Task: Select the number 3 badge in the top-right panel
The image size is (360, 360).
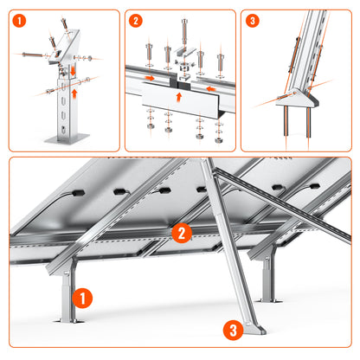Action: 252,20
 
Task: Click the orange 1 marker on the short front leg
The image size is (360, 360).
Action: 80,298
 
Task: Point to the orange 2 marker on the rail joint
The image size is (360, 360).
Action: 181,232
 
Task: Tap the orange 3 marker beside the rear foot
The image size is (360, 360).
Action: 231,329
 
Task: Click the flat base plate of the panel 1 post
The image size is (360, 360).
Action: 69,138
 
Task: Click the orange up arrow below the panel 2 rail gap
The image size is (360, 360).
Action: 179,98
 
